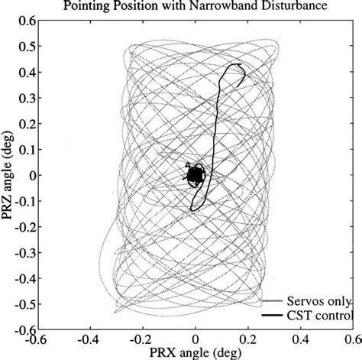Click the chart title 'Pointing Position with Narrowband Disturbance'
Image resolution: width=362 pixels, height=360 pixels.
click(x=196, y=7)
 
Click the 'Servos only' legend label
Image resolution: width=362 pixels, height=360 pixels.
click(x=318, y=300)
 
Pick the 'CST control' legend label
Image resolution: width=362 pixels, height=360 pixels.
click(x=320, y=315)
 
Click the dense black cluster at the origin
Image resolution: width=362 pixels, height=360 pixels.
click(x=195, y=176)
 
